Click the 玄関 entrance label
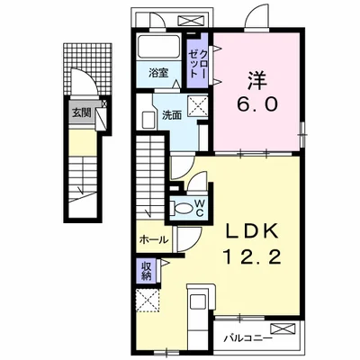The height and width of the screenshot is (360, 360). pyautogui.click(x=81, y=113)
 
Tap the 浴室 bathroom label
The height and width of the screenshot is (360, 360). pyautogui.click(x=158, y=73)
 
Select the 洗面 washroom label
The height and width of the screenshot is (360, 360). pyautogui.click(x=172, y=115)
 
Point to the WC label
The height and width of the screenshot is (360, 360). pyautogui.click(x=200, y=208)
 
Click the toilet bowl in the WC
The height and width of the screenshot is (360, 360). pyautogui.click(x=183, y=208)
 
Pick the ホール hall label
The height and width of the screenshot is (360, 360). pyautogui.click(x=154, y=239)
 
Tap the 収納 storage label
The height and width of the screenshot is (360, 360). pyautogui.click(x=146, y=271)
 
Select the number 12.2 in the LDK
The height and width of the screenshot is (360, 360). pyautogui.click(x=251, y=257)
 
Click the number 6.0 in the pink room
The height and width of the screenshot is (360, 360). pyautogui.click(x=257, y=104)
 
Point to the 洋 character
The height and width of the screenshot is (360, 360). pyautogui.click(x=257, y=80)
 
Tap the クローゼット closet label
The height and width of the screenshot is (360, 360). pyautogui.click(x=197, y=65)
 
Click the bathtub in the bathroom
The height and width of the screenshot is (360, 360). pyautogui.click(x=158, y=48)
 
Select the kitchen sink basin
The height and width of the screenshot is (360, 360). pyautogui.click(x=198, y=302)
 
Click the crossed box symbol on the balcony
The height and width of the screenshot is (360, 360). pyautogui.click(x=283, y=329)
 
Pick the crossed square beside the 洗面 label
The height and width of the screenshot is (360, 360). pyautogui.click(x=198, y=105)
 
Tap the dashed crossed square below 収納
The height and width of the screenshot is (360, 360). pyautogui.click(x=146, y=301)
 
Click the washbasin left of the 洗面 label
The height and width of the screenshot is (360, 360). pyautogui.click(x=148, y=120)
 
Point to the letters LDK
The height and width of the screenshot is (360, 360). pyautogui.click(x=251, y=232)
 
